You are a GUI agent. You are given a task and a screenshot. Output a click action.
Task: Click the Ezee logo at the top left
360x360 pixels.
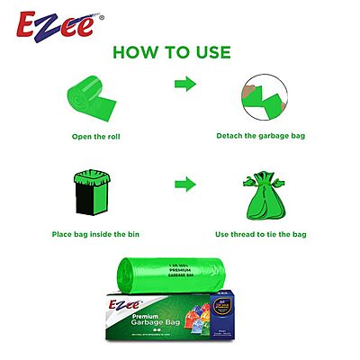[53, 21]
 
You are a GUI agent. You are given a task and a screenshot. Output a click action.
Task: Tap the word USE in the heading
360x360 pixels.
[208, 52]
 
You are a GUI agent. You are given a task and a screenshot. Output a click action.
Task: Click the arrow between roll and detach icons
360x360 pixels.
[185, 84]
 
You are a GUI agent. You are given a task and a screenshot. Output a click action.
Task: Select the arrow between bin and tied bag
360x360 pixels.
[185, 184]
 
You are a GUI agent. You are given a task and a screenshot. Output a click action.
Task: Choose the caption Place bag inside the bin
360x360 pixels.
[98, 234]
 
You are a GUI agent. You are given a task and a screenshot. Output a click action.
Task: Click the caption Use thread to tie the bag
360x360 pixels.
[261, 234]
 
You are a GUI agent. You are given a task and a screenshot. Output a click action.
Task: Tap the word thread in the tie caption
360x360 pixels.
[247, 234]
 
